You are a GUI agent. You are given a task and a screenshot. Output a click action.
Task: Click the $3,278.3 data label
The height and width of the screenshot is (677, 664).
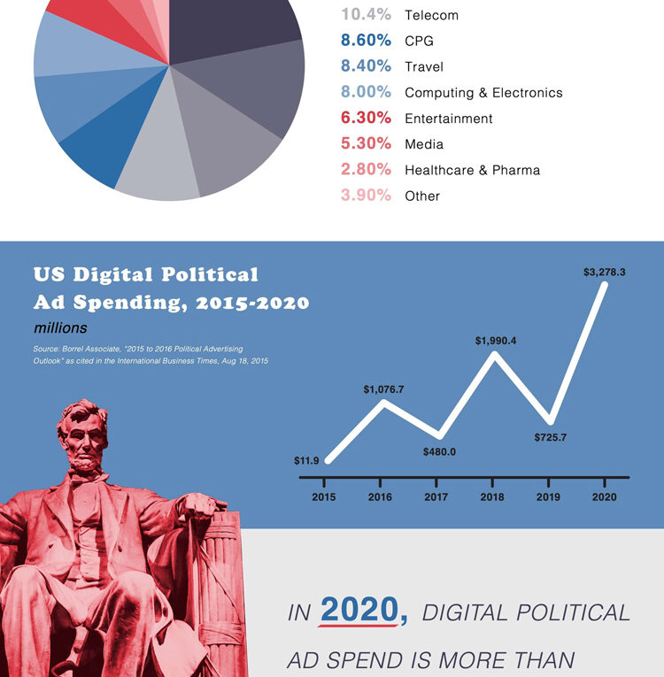click(605, 273)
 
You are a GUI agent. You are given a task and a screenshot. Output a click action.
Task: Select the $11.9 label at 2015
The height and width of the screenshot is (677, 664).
click(306, 461)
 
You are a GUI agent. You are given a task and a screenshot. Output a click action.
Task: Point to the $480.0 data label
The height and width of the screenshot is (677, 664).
click(439, 452)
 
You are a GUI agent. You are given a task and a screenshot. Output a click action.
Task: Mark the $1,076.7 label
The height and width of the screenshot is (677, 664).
click(383, 389)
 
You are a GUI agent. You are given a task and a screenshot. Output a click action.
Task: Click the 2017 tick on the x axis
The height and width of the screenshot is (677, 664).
click(436, 496)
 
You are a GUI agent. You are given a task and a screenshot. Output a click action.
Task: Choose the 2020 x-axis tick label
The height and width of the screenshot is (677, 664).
click(604, 496)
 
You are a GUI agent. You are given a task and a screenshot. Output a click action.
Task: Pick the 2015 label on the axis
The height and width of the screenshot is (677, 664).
click(324, 496)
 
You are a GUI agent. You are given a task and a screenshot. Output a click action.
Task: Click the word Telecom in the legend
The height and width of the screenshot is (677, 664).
click(431, 16)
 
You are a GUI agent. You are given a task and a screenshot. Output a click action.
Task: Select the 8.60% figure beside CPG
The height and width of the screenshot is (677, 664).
click(366, 41)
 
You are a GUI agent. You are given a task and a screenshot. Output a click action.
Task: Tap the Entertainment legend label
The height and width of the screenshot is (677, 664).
click(448, 119)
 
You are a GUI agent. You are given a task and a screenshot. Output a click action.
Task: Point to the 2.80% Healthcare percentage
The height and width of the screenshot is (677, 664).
click(366, 170)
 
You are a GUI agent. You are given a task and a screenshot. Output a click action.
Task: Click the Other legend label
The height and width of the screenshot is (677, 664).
click(422, 196)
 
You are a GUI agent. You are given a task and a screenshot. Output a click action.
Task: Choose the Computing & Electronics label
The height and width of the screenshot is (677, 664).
click(483, 93)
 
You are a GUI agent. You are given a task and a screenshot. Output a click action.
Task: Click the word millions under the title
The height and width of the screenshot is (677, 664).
click(60, 328)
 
